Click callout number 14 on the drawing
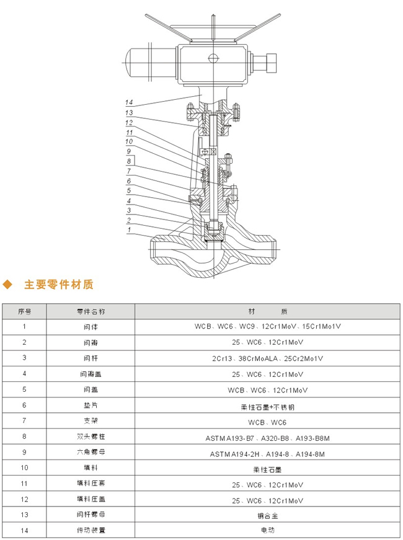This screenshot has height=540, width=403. (x=129, y=102)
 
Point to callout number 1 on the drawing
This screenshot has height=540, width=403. (x=128, y=230)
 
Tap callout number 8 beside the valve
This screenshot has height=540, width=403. (x=128, y=160)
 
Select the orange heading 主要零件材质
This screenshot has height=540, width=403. (x=58, y=285)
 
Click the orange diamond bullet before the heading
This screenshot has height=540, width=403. (x=8, y=285)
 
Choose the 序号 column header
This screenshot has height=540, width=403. (x=24, y=311)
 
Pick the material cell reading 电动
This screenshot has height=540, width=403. (x=267, y=530)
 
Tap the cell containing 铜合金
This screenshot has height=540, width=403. (x=267, y=514)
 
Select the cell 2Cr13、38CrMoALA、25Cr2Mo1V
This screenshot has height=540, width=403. (x=267, y=358)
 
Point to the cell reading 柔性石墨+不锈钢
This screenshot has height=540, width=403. (x=267, y=405)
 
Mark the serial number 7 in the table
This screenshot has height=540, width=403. (x=24, y=421)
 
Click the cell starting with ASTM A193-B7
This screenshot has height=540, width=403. (x=267, y=438)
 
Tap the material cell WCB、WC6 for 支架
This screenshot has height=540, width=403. (x=267, y=422)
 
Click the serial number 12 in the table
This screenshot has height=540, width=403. (x=24, y=498)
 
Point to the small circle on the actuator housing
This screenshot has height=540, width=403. (x=213, y=58)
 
